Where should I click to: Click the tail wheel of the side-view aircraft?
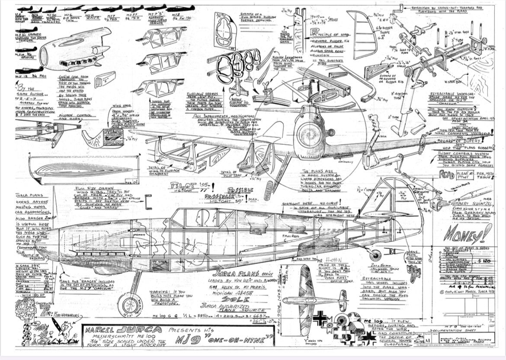point(376,255)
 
